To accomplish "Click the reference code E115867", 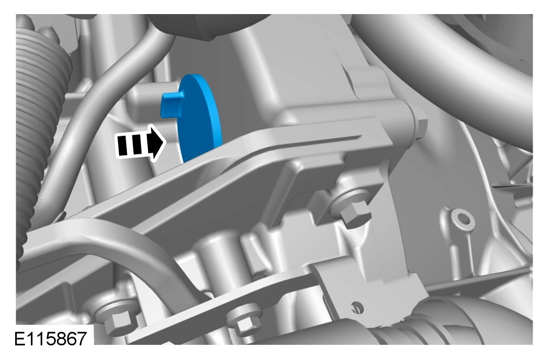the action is tap(50, 339).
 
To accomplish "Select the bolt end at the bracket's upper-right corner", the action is tap(421, 125).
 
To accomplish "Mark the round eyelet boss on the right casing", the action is tap(461, 219).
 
